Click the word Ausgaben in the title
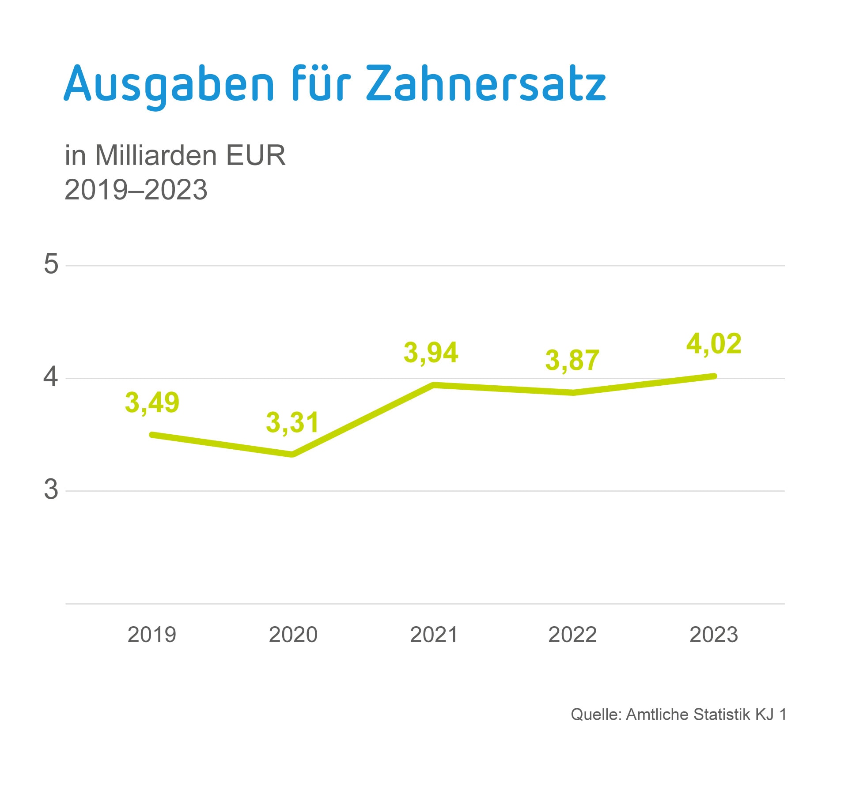169,84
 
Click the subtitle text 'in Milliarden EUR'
175,155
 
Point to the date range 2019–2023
136,190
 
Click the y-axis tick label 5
51,264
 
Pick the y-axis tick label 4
51,377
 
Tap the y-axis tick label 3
51,489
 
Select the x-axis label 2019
152,635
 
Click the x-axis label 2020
293,635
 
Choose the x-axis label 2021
434,635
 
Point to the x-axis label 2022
572,635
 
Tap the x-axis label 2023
714,635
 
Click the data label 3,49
152,402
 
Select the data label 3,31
292,422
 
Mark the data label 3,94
431,353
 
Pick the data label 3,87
572,360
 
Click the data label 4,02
714,344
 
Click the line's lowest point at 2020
292,454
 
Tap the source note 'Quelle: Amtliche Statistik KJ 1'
678,714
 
